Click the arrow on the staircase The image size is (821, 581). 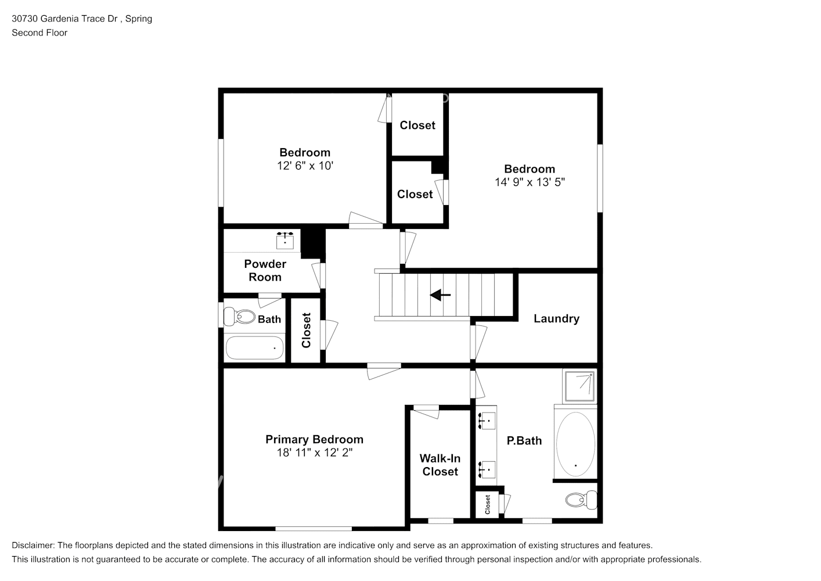pyautogui.click(x=440, y=296)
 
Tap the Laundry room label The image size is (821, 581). pyautogui.click(x=556, y=318)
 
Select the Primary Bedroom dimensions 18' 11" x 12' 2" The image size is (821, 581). pyautogui.click(x=314, y=453)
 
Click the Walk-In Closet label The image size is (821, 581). pyautogui.click(x=440, y=465)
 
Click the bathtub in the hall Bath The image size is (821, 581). pyautogui.click(x=254, y=348)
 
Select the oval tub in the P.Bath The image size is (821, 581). pyautogui.click(x=575, y=444)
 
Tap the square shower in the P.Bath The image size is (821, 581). pyautogui.click(x=579, y=385)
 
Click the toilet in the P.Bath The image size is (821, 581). pyautogui.click(x=581, y=500)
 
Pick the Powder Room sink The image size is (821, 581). pyautogui.click(x=285, y=239)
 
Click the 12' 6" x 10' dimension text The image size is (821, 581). pyautogui.click(x=305, y=166)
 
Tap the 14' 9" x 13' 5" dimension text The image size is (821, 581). pyautogui.click(x=530, y=182)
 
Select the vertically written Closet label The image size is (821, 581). pyautogui.click(x=306, y=331)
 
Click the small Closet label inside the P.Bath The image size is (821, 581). pyautogui.click(x=488, y=504)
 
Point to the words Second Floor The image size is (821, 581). pyautogui.click(x=39, y=33)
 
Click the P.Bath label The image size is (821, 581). pyautogui.click(x=524, y=440)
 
